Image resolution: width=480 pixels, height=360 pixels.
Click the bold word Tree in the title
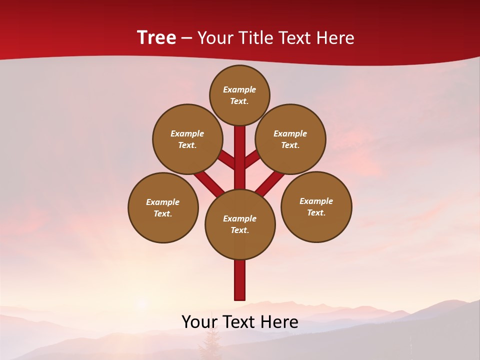click(156, 37)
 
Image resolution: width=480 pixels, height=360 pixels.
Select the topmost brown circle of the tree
click(239, 95)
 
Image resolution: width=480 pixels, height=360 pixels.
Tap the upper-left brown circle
click(187, 139)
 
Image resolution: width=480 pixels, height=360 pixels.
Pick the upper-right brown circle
click(290, 139)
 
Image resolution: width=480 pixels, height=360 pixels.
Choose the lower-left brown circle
click(163, 207)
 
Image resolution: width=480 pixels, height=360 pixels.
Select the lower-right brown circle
click(316, 206)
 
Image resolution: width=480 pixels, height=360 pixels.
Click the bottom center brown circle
click(240, 224)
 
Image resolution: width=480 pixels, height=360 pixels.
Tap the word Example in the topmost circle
click(239, 89)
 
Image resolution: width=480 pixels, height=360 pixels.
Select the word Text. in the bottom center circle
click(239, 230)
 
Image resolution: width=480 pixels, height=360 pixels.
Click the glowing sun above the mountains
click(142, 303)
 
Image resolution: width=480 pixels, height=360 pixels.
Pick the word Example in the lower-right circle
click(316, 201)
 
